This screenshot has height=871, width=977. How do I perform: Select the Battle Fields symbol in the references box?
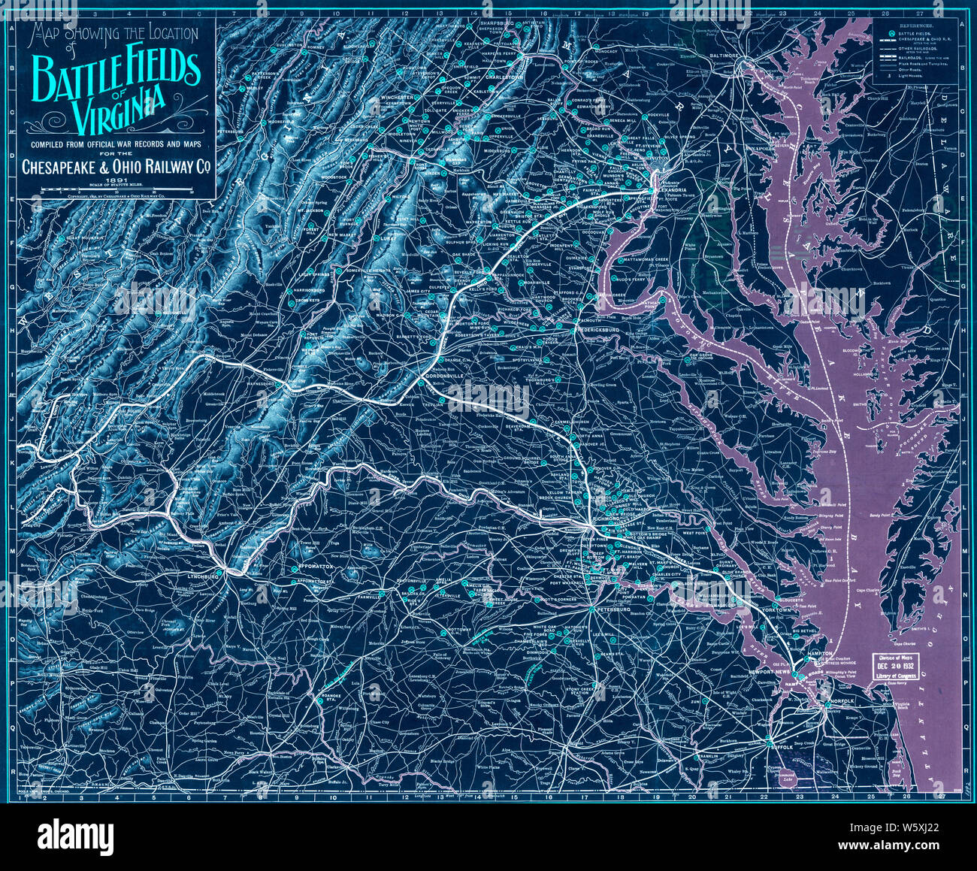pyautogui.click(x=891, y=34)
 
